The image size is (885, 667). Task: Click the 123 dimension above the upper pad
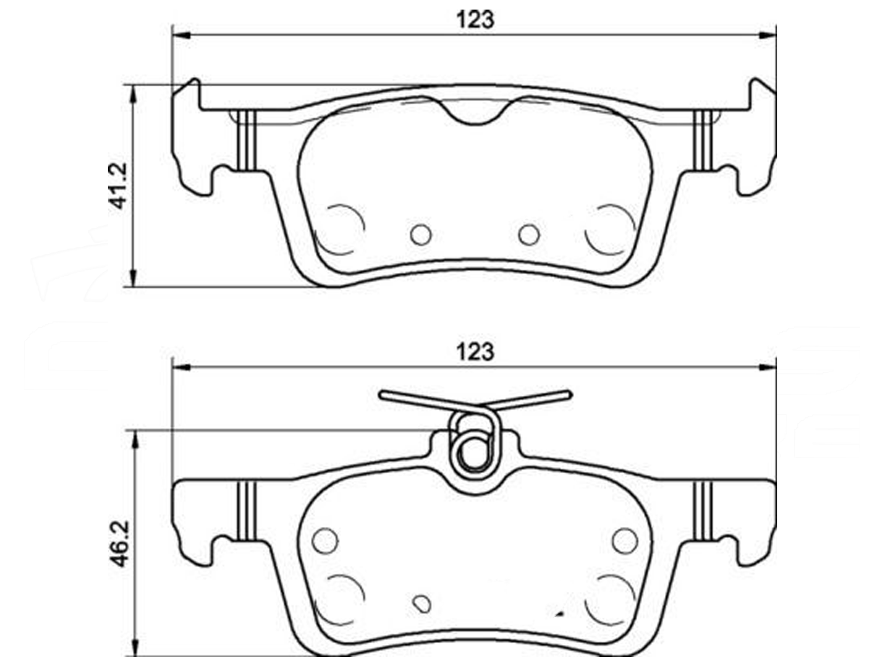pyautogui.click(x=475, y=20)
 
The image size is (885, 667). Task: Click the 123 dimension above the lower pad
pyautogui.click(x=475, y=351)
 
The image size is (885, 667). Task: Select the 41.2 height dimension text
pyautogui.click(x=118, y=185)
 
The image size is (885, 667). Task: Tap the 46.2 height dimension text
pyautogui.click(x=119, y=544)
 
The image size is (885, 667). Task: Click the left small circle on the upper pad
pyautogui.click(x=420, y=235)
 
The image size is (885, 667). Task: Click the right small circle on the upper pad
pyautogui.click(x=529, y=235)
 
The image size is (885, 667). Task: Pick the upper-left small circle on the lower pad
pyautogui.click(x=325, y=540)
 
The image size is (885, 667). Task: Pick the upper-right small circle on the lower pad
pyautogui.click(x=625, y=540)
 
